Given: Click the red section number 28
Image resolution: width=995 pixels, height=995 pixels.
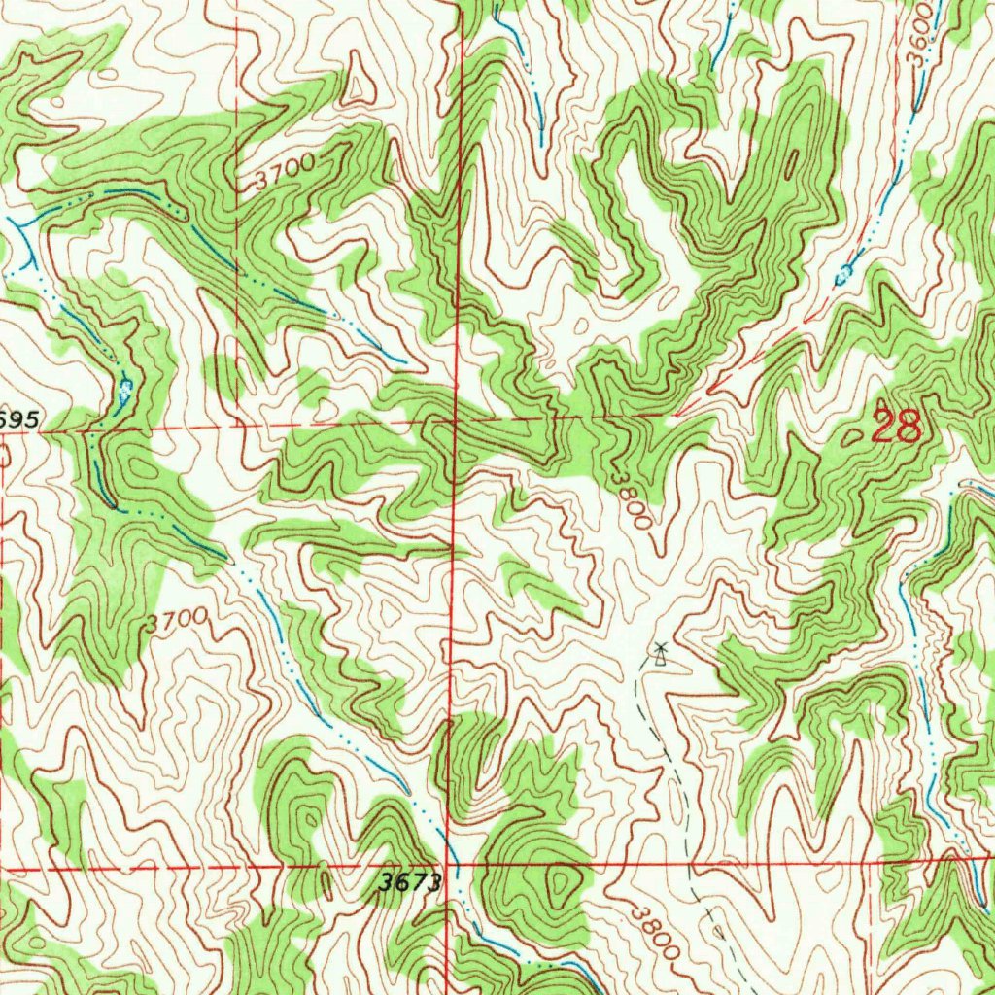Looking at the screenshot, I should pos(895,426).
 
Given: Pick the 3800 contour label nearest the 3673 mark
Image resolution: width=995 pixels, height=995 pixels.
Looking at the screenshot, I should pos(654,933).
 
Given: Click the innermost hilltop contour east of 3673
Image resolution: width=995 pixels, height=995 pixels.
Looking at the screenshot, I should pos(561,882).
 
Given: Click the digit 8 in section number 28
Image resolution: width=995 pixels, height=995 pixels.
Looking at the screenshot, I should pos(908,426).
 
